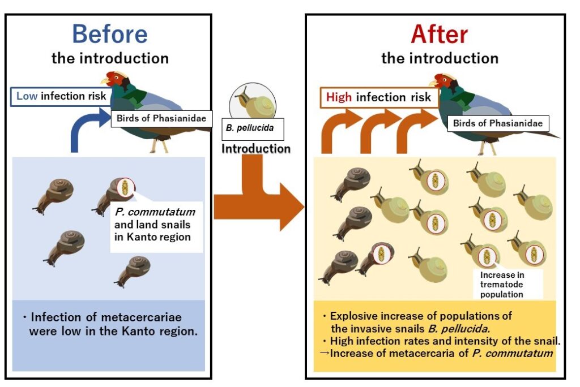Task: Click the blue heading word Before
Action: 110,35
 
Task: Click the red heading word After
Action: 440,35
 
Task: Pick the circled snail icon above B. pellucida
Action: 252,101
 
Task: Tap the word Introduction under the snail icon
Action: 256,149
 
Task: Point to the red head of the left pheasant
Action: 117,80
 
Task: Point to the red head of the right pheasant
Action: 445,83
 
